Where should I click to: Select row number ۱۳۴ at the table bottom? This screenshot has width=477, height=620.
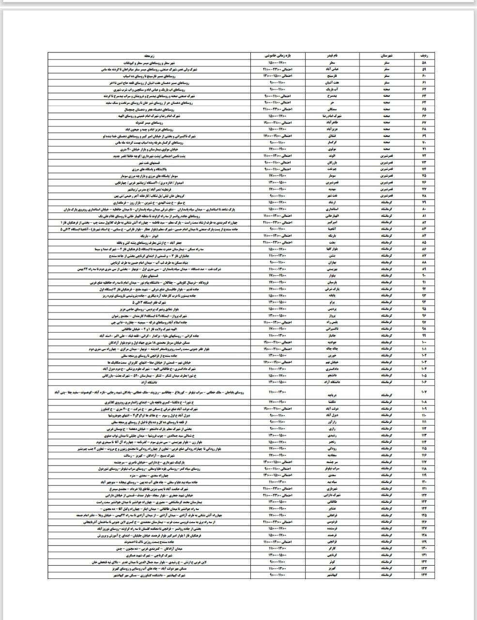pyautogui.click(x=424, y=575)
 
